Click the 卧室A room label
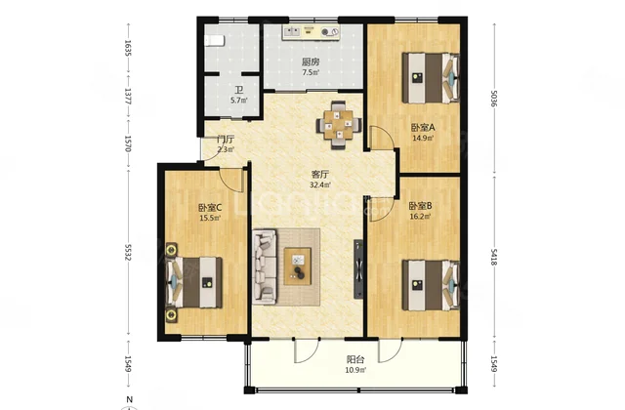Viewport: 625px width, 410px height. [x=423, y=128]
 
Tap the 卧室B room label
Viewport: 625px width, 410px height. [x=420, y=206]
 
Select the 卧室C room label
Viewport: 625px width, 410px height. [x=210, y=208]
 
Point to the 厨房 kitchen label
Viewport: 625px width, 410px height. [x=311, y=61]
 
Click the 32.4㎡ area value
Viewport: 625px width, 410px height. [x=320, y=184]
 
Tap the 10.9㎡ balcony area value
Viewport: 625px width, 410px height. [x=355, y=370]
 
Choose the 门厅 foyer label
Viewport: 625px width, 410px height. [x=226, y=140]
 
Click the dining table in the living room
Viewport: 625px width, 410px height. [x=339, y=125]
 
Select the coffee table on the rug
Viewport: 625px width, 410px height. [x=297, y=266]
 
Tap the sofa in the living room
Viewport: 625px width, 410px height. [x=265, y=266]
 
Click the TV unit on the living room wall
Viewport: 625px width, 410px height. [x=358, y=269]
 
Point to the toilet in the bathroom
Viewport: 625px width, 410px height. [x=215, y=40]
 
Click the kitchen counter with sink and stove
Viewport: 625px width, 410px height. [x=311, y=32]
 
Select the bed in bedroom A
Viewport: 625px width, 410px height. [x=431, y=78]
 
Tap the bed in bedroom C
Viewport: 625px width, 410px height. [x=193, y=282]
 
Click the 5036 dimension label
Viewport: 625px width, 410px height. [x=494, y=99]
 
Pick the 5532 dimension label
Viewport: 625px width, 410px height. [x=128, y=252]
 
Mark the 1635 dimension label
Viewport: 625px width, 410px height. [x=128, y=48]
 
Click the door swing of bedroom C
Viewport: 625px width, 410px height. [x=231, y=181]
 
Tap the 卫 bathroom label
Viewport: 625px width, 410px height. [x=238, y=91]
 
